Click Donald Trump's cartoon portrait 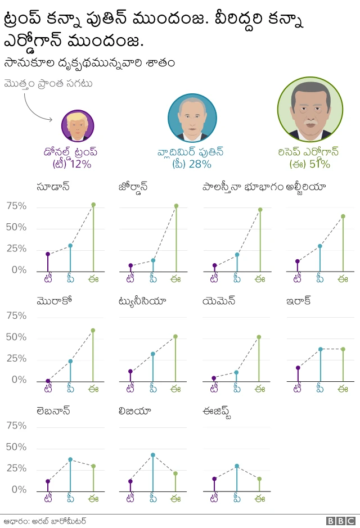pos(77,125)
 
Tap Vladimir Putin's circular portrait pos(192,118)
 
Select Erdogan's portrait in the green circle pos(310,110)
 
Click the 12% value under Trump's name pos(80,164)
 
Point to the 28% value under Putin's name pos(199,164)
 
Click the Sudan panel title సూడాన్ pos(53,187)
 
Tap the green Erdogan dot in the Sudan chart pos(93,205)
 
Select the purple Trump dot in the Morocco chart pos(48,381)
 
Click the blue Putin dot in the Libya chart pos(152,455)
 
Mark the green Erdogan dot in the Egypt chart pos(259,479)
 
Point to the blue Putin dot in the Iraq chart pos(321,349)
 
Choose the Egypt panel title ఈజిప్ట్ pos(217,411)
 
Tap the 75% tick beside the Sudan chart pos(16,206)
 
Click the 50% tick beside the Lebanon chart pos(16,447)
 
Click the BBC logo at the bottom pos(340,521)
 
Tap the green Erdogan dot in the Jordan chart pos(176,206)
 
